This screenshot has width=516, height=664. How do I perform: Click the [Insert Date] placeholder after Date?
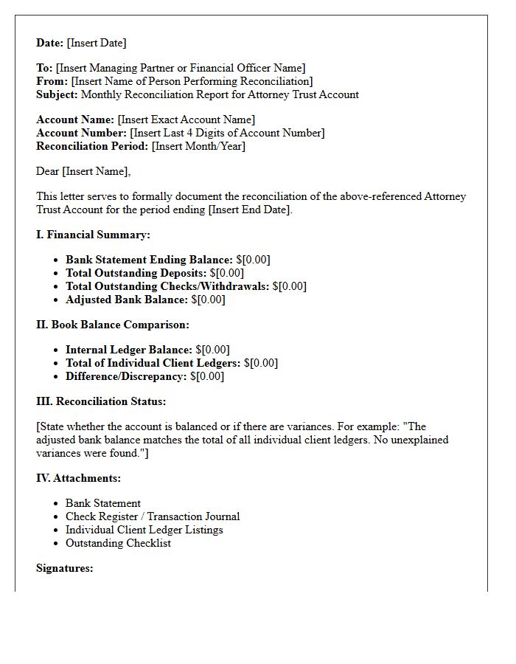97,43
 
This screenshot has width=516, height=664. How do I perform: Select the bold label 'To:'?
44,68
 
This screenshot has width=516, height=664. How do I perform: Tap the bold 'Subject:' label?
57,94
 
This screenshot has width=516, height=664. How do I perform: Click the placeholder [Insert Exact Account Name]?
186,120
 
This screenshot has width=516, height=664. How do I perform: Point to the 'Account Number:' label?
81,133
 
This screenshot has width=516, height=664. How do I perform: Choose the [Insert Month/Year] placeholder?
198,146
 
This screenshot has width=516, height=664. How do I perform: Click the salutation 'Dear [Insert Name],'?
83,171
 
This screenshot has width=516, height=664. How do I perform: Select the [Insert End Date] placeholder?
250,210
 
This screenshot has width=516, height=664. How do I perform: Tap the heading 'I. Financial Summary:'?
93,235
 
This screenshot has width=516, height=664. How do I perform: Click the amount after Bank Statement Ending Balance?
253,260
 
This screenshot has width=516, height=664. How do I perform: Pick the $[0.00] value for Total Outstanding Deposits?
227,273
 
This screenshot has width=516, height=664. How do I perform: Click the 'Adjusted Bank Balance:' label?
127,300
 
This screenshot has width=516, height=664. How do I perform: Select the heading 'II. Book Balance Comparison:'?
113,325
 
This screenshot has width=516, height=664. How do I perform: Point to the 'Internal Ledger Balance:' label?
129,350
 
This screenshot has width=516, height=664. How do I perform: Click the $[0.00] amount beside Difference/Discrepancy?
207,376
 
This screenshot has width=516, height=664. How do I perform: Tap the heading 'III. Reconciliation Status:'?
101,401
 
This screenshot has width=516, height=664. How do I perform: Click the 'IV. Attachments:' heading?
79,478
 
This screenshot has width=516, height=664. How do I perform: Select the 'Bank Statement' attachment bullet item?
103,503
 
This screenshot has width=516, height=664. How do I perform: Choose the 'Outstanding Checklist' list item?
118,543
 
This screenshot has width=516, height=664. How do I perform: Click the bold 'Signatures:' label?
65,568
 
